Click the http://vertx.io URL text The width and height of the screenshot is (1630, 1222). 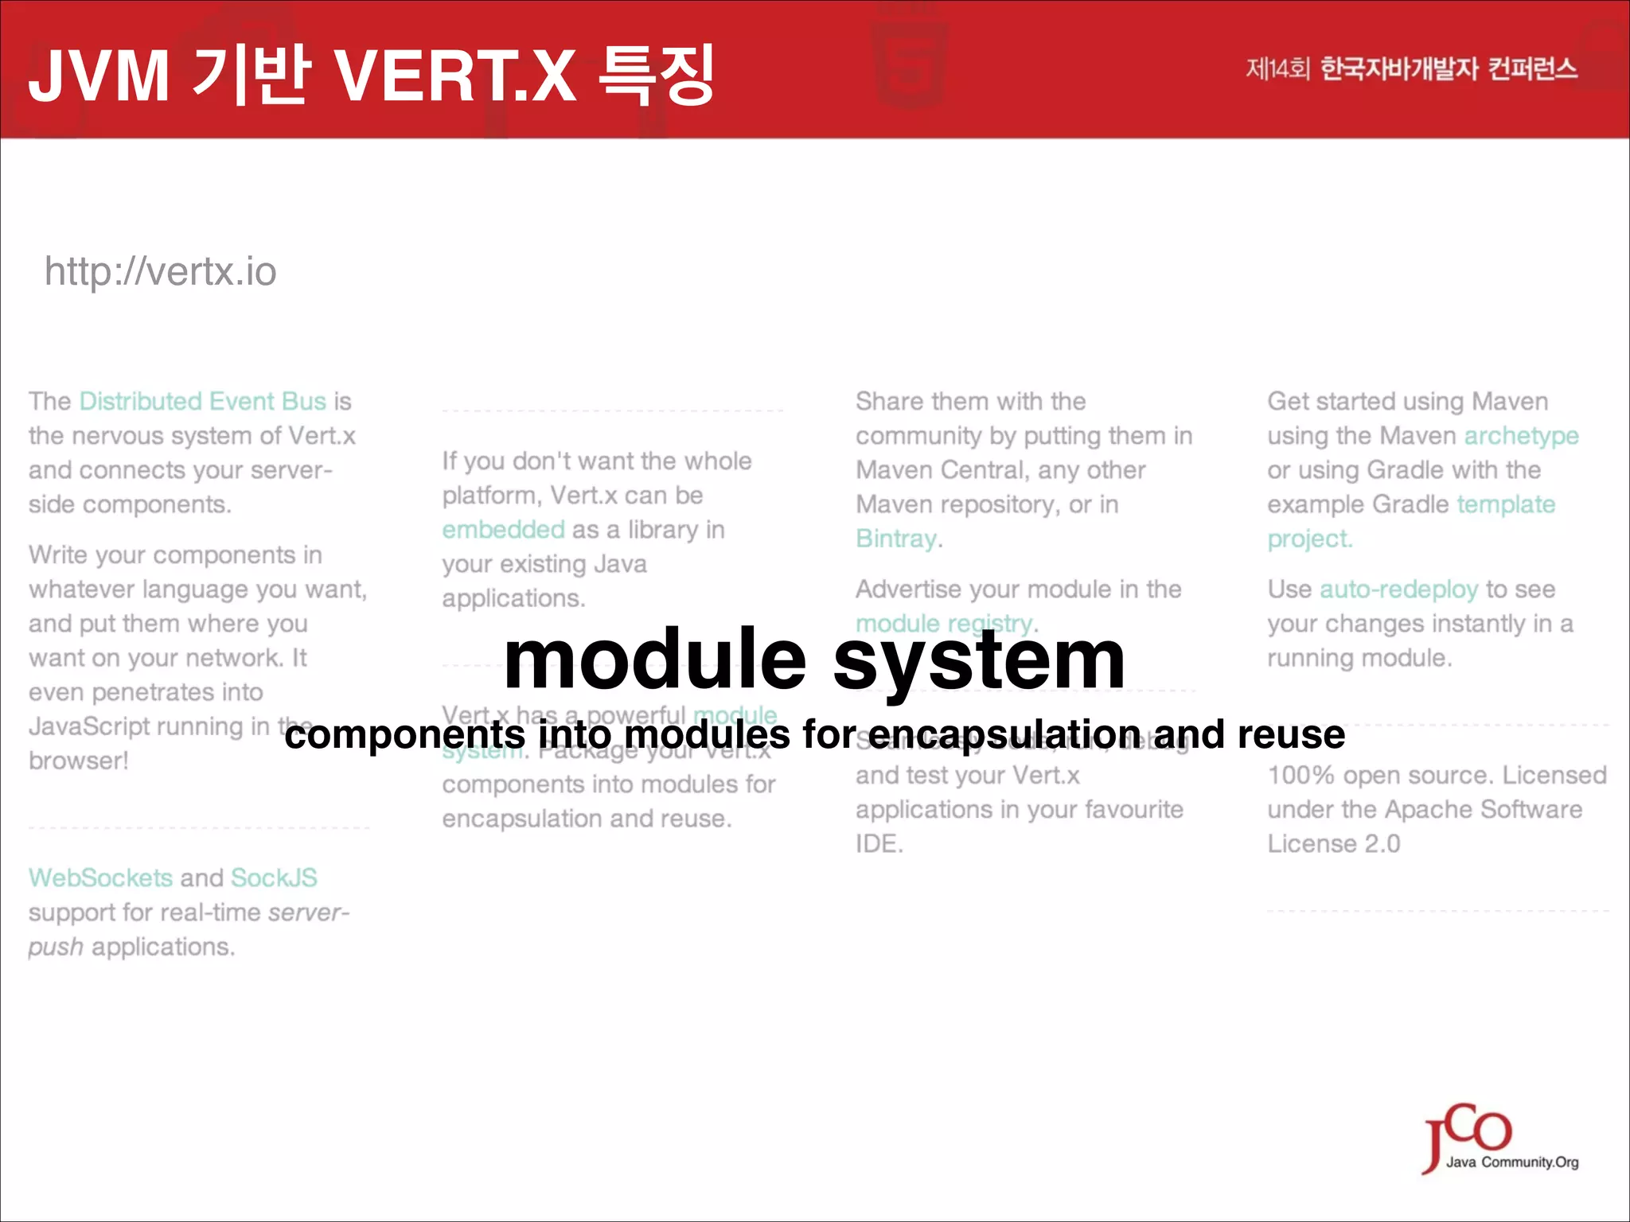(x=160, y=272)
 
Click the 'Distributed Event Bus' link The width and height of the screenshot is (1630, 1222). (x=202, y=401)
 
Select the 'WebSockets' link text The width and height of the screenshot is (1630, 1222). (x=100, y=878)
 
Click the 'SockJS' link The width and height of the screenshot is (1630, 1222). (x=274, y=878)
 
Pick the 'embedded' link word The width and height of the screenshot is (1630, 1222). (x=503, y=530)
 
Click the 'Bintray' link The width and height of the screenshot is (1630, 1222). (x=896, y=539)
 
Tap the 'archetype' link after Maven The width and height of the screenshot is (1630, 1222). (x=1521, y=436)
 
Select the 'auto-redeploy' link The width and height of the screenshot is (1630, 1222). (x=1398, y=590)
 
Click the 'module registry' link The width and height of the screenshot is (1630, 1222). (x=944, y=624)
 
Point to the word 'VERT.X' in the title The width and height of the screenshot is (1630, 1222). (x=454, y=76)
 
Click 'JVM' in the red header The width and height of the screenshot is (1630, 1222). (x=99, y=76)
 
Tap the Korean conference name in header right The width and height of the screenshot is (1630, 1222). (x=1411, y=69)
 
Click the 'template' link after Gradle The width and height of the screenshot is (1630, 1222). (x=1506, y=504)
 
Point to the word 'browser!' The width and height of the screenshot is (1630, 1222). (x=78, y=761)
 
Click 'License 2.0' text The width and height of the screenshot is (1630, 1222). (x=1333, y=844)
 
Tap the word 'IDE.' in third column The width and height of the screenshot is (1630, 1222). (x=879, y=844)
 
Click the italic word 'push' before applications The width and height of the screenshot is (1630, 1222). (x=55, y=947)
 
